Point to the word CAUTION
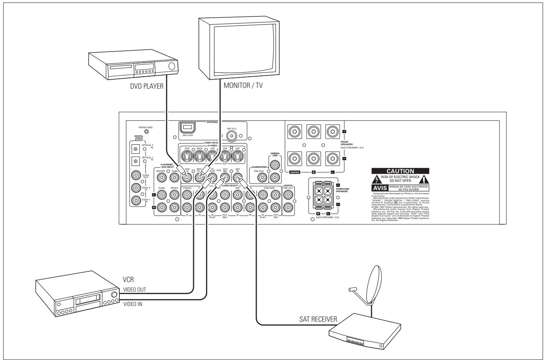coord(400,171)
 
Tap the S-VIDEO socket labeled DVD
coord(187,156)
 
